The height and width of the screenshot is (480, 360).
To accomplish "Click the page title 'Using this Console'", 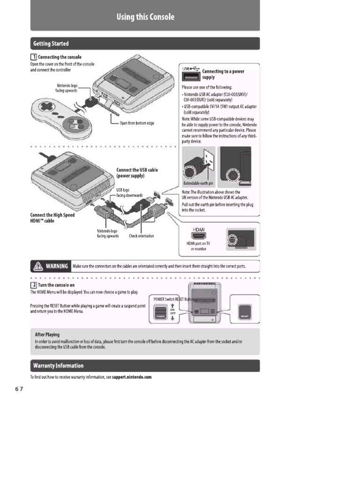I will [x=145, y=17].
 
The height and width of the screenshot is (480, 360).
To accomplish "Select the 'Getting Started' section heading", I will [x=51, y=44].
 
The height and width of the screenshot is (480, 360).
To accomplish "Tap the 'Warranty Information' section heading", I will [x=58, y=366].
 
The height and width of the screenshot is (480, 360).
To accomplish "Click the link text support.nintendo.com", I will [x=132, y=377].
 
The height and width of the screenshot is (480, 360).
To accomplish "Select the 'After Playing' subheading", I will [x=47, y=335].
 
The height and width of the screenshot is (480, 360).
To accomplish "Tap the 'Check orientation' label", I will [x=141, y=236].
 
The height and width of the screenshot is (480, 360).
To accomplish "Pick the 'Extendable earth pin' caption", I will [x=198, y=184].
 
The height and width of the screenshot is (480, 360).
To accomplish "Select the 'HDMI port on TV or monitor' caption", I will [x=198, y=246].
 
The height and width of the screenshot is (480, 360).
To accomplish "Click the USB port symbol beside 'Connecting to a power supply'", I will [x=191, y=77].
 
